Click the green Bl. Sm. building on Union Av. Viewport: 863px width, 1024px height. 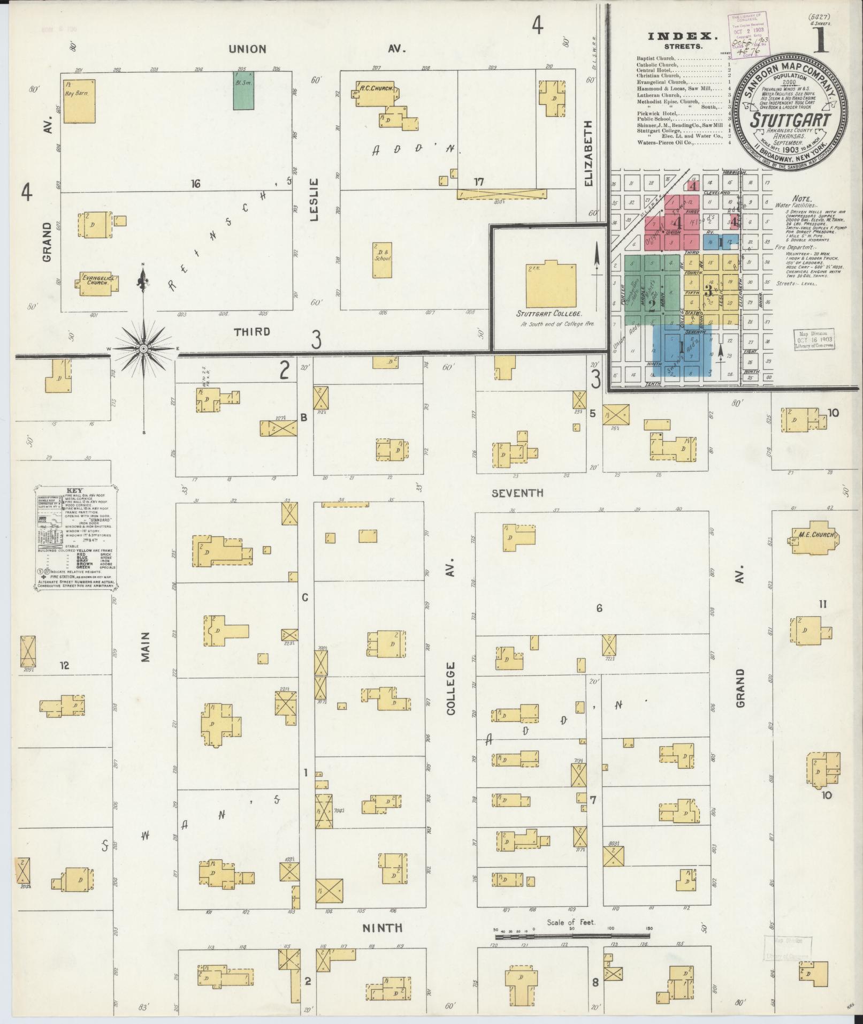[243, 90]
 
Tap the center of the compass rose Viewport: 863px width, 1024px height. [143, 348]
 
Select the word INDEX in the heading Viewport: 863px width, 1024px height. [683, 36]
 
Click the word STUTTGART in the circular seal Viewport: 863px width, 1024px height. [790, 119]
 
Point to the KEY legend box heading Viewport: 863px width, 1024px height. [74, 490]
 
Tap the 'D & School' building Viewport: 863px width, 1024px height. [382, 260]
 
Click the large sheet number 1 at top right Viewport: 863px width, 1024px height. [821, 36]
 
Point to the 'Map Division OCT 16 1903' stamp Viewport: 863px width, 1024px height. [813, 339]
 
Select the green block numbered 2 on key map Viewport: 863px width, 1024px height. [652, 305]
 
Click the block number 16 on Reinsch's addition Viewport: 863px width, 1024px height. [195, 184]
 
